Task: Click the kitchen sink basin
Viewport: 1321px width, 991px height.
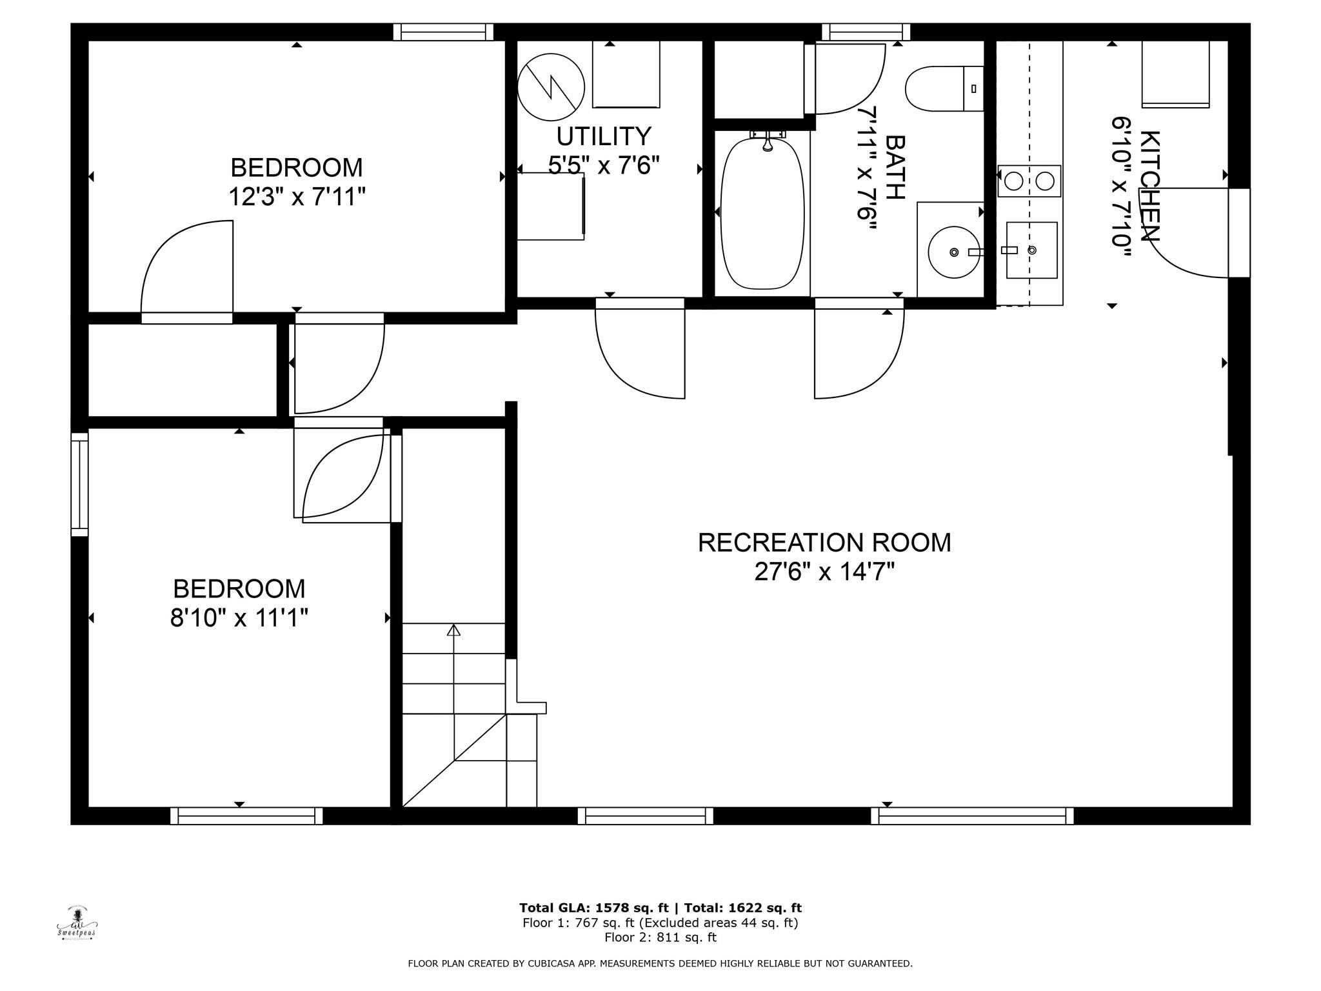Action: [x=1031, y=250]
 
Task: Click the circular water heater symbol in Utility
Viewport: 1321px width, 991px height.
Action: [x=551, y=87]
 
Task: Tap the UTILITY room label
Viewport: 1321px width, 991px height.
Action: [x=604, y=137]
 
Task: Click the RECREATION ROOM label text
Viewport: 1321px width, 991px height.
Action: [x=824, y=543]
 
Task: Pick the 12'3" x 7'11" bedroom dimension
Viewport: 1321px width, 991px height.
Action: [x=297, y=197]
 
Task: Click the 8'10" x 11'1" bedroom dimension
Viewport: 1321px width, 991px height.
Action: [x=239, y=619]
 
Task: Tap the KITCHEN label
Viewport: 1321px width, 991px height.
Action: [x=1150, y=186]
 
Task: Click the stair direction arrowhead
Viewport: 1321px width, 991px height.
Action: [x=453, y=630]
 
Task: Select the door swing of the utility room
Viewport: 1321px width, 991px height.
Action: [x=639, y=352]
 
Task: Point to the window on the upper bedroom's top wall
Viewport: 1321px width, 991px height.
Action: [x=443, y=32]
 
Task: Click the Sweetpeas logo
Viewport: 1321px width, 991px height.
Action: [x=77, y=923]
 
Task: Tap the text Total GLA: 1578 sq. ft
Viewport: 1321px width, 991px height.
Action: [x=593, y=908]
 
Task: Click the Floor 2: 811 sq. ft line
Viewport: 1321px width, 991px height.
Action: [x=660, y=937]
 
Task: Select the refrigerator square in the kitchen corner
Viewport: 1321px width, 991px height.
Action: [x=1175, y=74]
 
